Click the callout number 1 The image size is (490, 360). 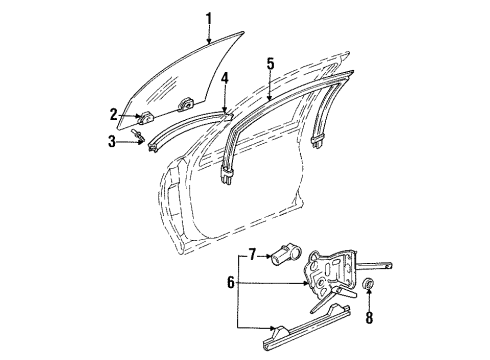coord(208,17)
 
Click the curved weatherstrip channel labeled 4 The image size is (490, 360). coord(190,127)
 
